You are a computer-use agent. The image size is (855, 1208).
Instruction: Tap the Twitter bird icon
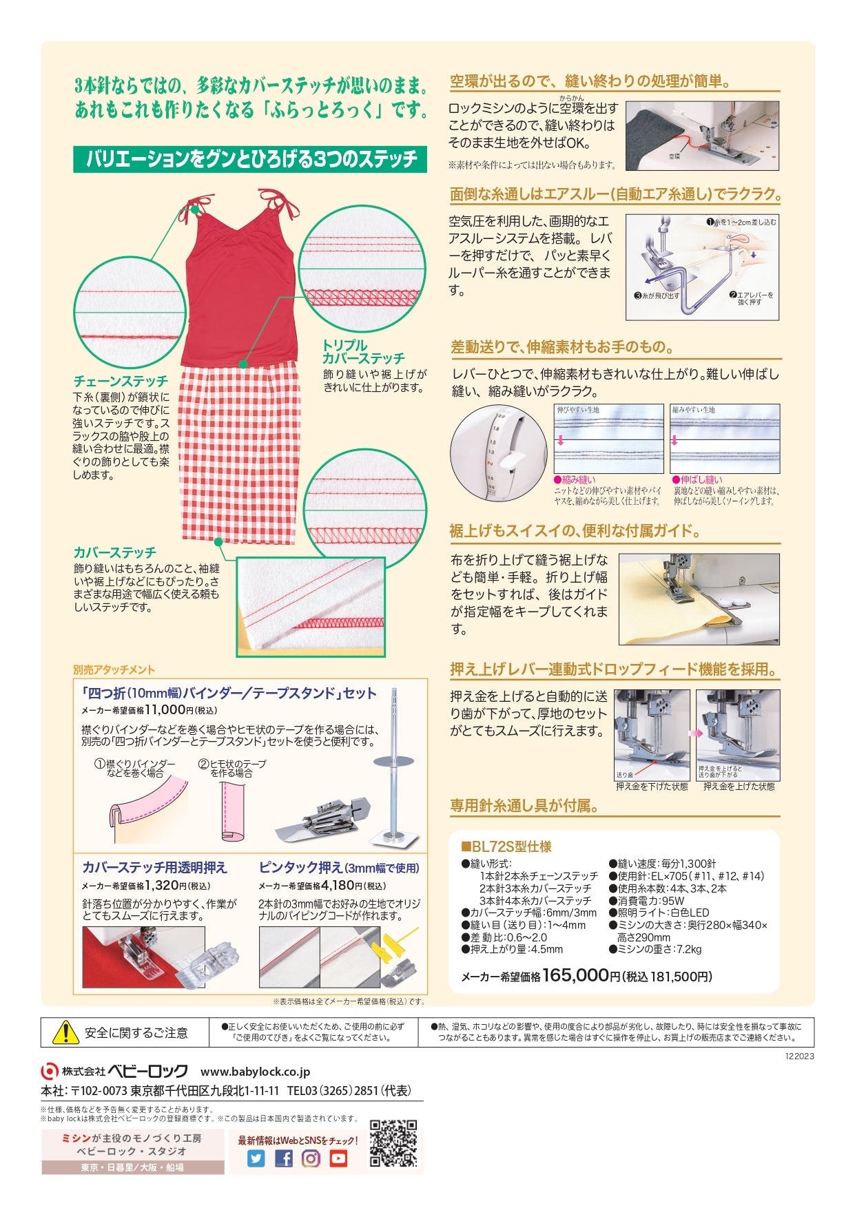click(256, 1158)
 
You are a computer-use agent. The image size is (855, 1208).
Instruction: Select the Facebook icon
click(284, 1158)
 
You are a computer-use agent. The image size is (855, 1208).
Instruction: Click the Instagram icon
click(311, 1158)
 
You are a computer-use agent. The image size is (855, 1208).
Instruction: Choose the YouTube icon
click(338, 1158)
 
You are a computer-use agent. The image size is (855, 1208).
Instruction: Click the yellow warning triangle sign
click(65, 1032)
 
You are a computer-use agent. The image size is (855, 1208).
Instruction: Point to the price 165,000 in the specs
click(575, 975)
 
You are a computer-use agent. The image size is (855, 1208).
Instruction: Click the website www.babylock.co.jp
click(255, 1072)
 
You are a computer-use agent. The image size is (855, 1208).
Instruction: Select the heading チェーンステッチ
click(121, 381)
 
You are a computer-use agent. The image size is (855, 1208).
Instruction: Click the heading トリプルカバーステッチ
click(364, 352)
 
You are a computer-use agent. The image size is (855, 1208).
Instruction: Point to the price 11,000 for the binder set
click(165, 710)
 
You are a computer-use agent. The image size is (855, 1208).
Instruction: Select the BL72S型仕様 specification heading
click(506, 847)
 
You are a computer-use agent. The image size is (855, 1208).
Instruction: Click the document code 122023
click(799, 1056)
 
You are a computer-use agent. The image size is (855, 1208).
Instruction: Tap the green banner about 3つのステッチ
click(250, 159)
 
